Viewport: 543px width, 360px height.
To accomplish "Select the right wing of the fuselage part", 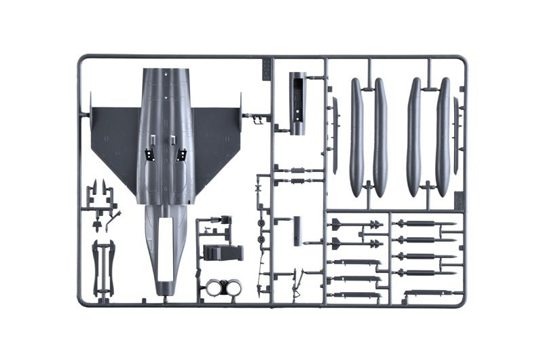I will pyautogui.click(x=216, y=139).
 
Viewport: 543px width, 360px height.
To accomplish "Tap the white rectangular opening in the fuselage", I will pyautogui.click(x=165, y=248).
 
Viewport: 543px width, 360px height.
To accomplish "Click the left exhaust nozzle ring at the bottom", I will pyautogui.click(x=215, y=288).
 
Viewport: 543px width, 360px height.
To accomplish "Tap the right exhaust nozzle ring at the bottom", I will pyautogui.click(x=233, y=288).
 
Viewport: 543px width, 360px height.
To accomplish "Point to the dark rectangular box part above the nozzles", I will pyautogui.click(x=223, y=253).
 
